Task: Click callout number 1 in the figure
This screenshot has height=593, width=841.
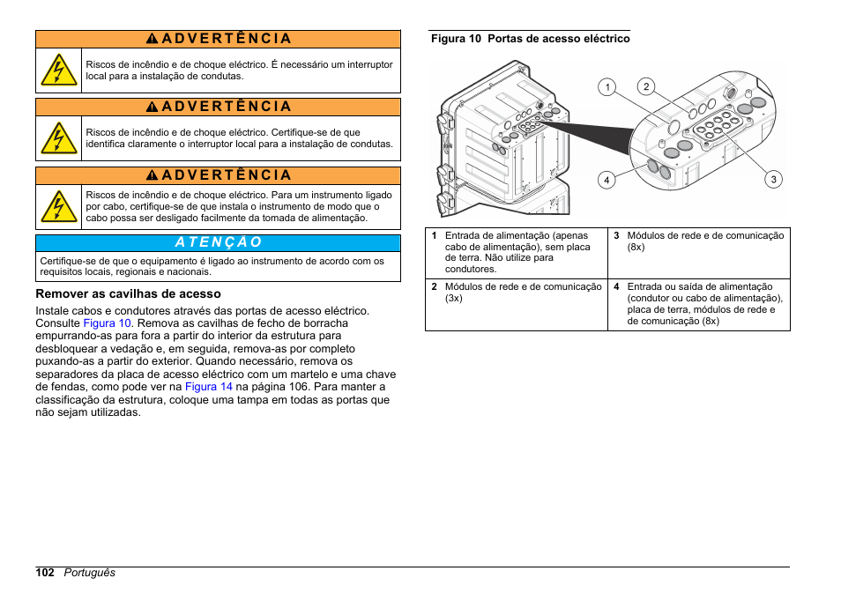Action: coord(606,86)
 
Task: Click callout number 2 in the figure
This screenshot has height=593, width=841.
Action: coord(646,86)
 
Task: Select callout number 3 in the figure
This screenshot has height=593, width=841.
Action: coord(773,180)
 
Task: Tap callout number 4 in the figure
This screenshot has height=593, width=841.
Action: coord(607,180)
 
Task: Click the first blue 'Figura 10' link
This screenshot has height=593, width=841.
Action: coord(107,323)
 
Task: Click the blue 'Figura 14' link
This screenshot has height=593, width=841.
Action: coord(209,387)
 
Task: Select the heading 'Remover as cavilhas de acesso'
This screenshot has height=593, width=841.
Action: coord(128,294)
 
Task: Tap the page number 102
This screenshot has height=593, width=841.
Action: coord(46,573)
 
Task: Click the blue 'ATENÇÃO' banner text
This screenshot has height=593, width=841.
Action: coord(219,242)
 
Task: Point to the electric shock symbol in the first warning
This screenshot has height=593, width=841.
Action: coord(58,70)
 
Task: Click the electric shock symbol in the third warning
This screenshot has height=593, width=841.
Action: coord(58,206)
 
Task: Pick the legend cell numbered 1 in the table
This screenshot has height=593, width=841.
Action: coord(435,236)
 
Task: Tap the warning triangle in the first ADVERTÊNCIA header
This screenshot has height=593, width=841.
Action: coord(152,39)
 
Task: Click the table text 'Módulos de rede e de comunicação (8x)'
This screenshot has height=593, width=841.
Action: coord(705,241)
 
